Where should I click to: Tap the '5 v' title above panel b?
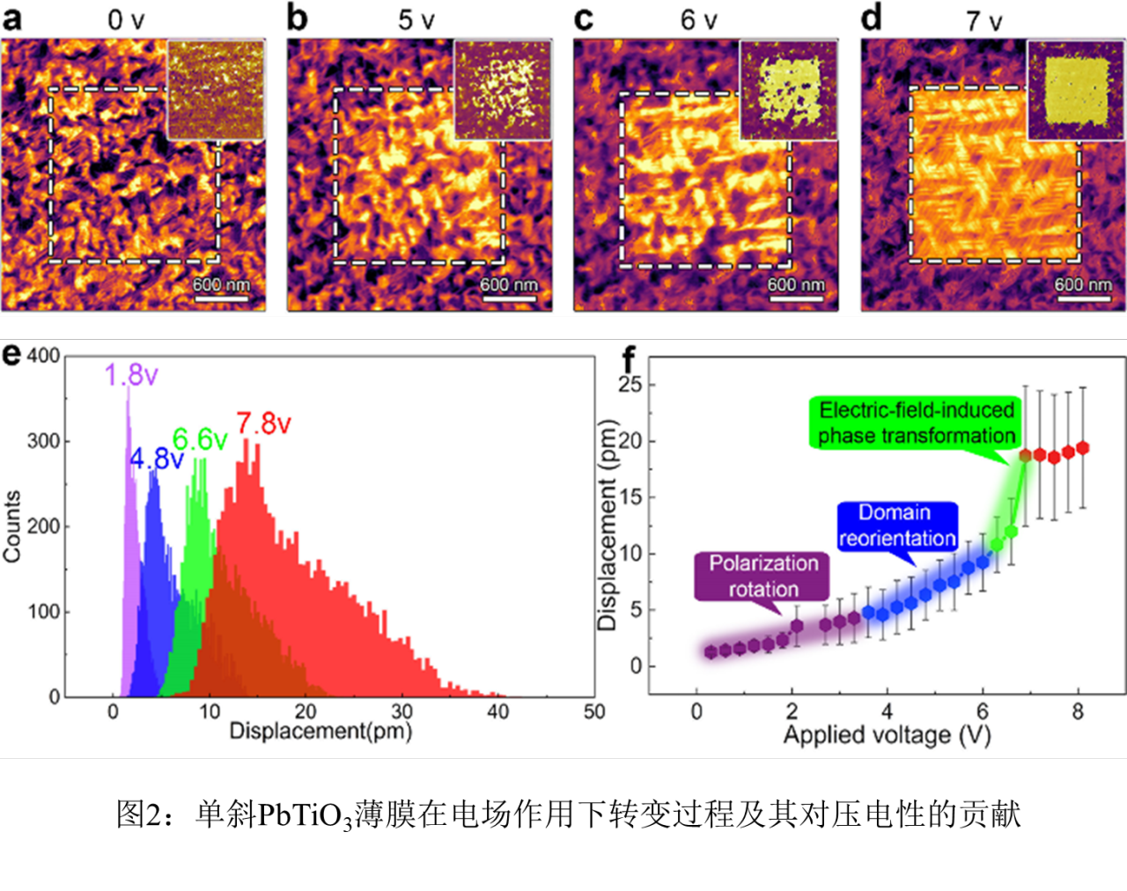(x=416, y=19)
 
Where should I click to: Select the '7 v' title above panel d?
(x=983, y=19)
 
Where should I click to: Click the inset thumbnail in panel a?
(x=216, y=90)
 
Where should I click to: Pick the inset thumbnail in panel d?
(x=1076, y=90)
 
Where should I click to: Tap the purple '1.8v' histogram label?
(x=131, y=376)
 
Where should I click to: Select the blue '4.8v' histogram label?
(x=157, y=459)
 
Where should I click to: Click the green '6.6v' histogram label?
(x=200, y=439)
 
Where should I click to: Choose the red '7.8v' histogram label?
(x=263, y=423)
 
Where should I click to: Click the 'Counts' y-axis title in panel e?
(x=12, y=526)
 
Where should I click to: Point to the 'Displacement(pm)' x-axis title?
(x=320, y=731)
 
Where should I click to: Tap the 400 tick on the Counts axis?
(x=43, y=357)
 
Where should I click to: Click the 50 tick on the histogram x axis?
(x=594, y=711)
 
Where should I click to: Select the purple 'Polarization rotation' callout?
(x=763, y=576)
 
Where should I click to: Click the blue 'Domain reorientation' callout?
(x=896, y=526)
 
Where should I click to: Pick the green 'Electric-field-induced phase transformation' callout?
(x=917, y=423)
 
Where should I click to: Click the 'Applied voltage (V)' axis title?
(x=888, y=735)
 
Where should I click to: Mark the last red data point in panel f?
(x=1082, y=448)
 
